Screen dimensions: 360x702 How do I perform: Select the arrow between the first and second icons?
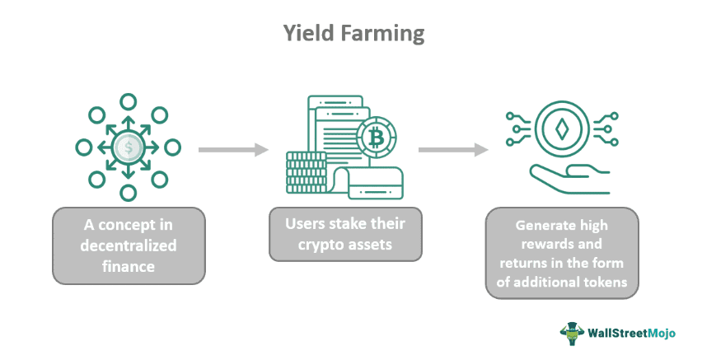pyautogui.click(x=234, y=150)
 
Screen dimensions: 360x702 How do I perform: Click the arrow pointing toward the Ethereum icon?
pyautogui.click(x=453, y=150)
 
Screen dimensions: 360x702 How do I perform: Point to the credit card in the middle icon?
pyautogui.click(x=375, y=183)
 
